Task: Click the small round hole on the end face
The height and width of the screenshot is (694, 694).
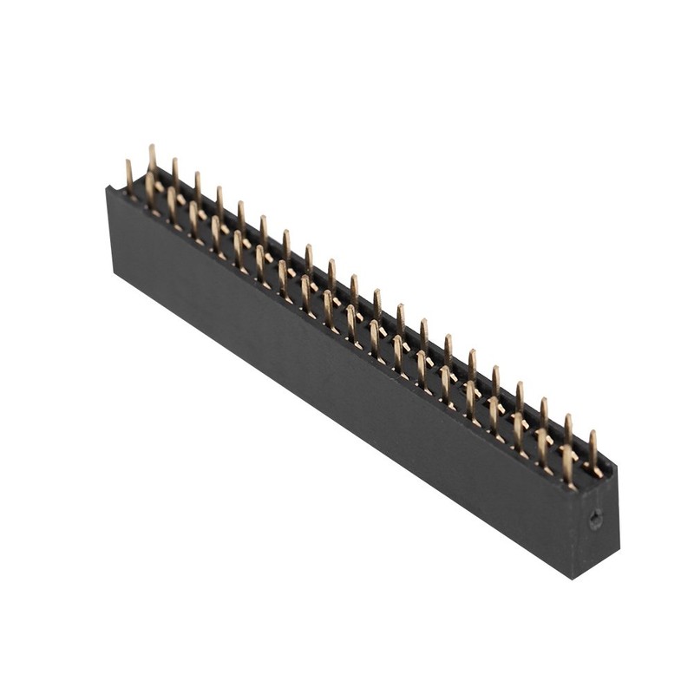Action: (x=594, y=520)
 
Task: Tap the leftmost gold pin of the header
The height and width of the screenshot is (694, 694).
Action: (x=129, y=177)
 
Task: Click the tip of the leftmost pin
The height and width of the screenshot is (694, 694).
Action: (x=128, y=162)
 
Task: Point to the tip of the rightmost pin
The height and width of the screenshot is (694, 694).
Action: (x=593, y=433)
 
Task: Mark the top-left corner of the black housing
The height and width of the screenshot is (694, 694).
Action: (x=108, y=188)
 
